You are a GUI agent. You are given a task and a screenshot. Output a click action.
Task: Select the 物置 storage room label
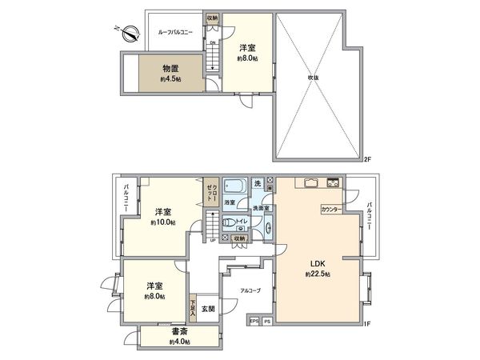[169, 70]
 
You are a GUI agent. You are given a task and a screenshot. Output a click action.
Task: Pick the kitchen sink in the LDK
[310, 185]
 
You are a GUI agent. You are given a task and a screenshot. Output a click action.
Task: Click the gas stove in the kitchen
[334, 185]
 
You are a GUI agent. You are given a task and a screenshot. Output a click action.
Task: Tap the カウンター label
[330, 209]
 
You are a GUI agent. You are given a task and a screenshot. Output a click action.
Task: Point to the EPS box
[253, 322]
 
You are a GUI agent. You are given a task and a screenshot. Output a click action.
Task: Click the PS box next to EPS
[267, 322]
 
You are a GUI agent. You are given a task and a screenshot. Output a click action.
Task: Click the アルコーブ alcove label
[250, 290]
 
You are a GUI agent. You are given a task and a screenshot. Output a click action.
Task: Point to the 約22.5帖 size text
[316, 274]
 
